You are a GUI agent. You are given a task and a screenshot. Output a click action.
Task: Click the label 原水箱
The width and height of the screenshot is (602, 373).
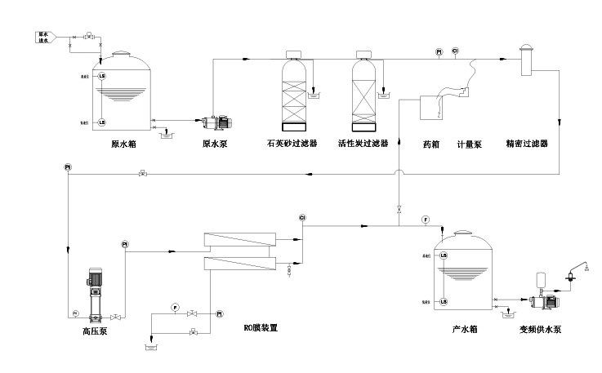(123, 144)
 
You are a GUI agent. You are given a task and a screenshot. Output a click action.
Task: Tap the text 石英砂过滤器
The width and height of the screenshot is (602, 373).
(292, 144)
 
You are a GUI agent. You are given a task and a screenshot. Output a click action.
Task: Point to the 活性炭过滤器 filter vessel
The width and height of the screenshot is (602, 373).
(364, 91)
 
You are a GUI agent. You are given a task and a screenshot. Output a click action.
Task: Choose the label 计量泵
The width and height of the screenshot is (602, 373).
(469, 144)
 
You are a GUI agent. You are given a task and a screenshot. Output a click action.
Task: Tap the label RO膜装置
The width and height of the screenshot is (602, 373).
(261, 328)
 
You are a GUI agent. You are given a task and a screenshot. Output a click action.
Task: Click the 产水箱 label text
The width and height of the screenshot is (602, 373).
(464, 329)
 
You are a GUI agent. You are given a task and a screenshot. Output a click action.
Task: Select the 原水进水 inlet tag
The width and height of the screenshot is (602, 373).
(45, 37)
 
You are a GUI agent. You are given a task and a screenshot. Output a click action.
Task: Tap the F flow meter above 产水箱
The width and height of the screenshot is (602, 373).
(426, 220)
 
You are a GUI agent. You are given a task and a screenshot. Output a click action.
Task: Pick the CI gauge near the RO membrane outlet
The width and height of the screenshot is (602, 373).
(302, 217)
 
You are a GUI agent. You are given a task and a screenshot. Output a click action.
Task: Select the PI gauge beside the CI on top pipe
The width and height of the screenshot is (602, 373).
(439, 51)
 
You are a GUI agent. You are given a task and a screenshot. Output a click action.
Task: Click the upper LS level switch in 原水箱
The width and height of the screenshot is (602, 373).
(101, 77)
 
